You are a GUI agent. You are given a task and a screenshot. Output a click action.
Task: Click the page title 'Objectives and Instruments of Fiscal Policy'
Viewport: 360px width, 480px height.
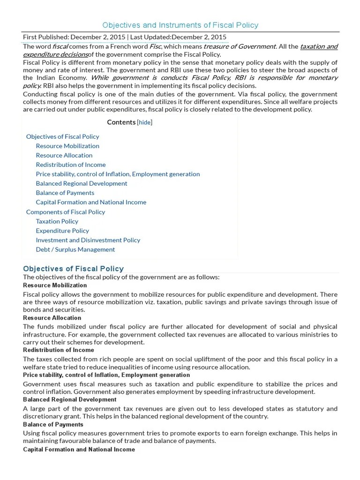pos(180,25)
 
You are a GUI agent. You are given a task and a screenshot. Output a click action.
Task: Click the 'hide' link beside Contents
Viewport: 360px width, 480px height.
pos(145,122)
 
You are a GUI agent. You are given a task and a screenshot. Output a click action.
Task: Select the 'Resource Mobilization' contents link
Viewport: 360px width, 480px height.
pos(67,146)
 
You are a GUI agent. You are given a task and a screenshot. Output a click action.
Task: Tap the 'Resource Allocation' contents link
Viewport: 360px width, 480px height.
pos(64,155)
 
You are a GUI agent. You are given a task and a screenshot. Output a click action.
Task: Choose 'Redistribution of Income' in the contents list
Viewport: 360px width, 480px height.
pos(71,165)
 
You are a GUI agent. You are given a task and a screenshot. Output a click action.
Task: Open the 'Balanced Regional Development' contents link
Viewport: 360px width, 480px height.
pos(82,183)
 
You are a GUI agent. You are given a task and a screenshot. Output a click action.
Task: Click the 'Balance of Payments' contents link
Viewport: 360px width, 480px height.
pos(65,193)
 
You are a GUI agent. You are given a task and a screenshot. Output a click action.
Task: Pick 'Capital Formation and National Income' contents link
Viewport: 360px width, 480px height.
pos(91,202)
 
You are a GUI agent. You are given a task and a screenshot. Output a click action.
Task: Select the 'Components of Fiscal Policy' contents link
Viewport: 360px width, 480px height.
pos(66,212)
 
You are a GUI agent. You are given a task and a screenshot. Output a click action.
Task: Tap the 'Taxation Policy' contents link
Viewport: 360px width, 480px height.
pos(57,221)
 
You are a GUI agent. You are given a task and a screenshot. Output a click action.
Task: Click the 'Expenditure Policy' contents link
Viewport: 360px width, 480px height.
pos(62,231)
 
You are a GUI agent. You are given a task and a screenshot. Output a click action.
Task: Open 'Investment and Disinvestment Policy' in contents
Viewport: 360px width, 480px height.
pos(88,240)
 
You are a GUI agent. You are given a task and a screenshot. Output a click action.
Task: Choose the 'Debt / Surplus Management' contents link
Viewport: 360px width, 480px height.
pos(75,249)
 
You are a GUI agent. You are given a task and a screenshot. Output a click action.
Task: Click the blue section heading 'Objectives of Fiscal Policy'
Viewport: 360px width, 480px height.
pos(74,269)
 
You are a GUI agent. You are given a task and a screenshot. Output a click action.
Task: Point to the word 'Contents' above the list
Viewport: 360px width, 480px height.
pos(121,122)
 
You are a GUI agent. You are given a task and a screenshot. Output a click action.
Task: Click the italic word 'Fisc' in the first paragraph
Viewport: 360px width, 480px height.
pos(155,46)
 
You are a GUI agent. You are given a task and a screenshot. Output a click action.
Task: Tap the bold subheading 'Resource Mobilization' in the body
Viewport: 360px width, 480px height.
pos(55,285)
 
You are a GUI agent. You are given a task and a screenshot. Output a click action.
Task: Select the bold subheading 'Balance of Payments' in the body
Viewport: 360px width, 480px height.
pos(53,424)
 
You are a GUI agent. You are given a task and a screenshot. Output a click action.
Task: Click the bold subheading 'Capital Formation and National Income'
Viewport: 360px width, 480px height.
pos(79,449)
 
